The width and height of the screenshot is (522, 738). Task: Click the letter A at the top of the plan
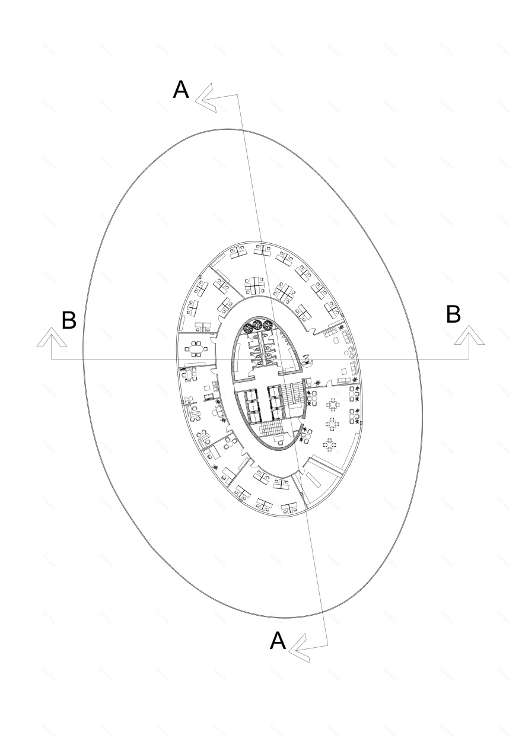tap(181, 90)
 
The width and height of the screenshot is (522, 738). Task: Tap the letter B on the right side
tap(453, 314)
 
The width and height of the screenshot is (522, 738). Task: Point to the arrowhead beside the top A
tap(205, 98)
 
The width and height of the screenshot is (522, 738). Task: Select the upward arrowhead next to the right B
tap(469, 335)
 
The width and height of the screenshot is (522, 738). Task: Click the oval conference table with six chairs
tap(196, 349)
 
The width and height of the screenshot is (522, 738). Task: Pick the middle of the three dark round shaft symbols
tap(257, 326)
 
